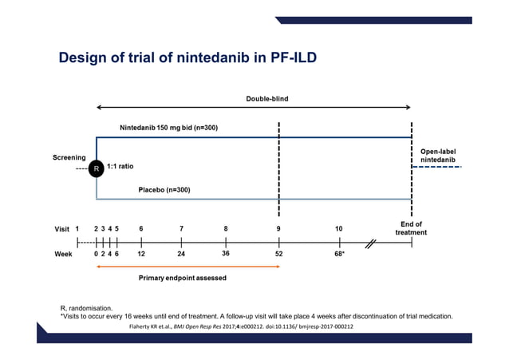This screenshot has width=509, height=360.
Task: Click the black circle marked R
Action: coord(96,169)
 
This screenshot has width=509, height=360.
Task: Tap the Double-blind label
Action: coord(267,99)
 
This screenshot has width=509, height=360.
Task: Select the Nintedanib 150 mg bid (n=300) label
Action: coord(168,128)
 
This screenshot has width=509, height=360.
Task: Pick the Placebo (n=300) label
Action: coord(164,190)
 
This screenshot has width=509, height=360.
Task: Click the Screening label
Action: coord(69,157)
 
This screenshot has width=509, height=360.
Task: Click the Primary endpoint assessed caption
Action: coord(183,278)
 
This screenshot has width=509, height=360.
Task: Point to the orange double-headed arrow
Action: coord(187,266)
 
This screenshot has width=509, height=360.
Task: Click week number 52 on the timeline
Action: coord(278,253)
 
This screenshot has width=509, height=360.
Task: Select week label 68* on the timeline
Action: coord(339,253)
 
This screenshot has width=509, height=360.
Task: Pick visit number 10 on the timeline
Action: coord(339,228)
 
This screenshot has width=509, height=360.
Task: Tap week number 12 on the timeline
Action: coord(141,253)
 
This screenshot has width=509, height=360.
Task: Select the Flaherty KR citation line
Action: coord(241,326)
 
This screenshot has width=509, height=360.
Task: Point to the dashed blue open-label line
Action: coord(440,179)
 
